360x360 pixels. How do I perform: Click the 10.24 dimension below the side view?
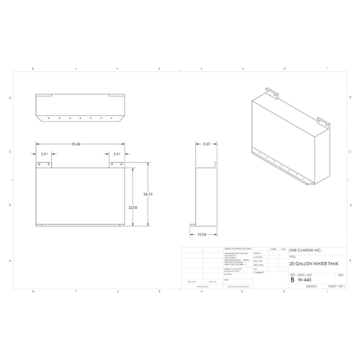click(204, 234)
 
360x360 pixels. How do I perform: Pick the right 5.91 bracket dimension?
click(116, 153)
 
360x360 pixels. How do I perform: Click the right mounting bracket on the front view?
click(115, 165)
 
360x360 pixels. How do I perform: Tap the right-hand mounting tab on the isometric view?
click(323, 124)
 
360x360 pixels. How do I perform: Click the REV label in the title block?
click(340, 274)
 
